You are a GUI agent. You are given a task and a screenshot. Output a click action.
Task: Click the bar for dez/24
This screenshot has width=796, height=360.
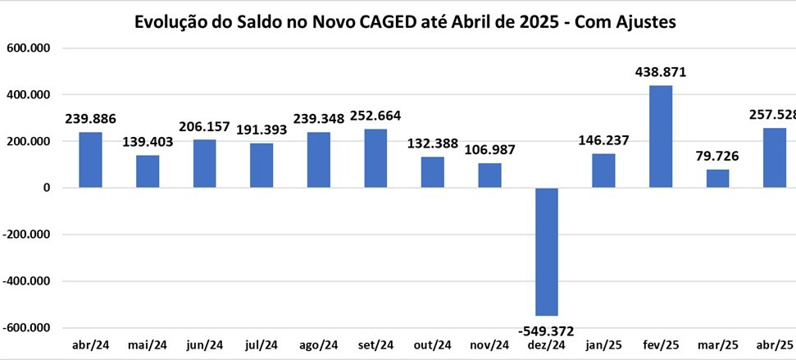[546, 252]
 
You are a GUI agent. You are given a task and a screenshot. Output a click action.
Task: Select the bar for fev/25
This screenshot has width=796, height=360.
[660, 136]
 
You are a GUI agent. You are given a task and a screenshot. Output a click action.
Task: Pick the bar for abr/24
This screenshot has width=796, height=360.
[90, 160]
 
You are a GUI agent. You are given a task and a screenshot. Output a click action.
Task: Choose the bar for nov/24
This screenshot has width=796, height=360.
[489, 175]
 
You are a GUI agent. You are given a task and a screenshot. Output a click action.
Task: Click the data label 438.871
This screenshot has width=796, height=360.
[660, 72]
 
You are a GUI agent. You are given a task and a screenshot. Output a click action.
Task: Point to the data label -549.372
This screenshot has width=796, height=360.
[546, 330]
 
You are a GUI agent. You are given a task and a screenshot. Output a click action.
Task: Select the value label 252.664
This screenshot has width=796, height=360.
[375, 116]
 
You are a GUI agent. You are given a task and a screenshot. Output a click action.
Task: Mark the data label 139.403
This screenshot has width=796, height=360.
[148, 142]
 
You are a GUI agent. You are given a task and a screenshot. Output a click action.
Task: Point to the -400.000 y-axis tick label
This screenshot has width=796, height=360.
[27, 281]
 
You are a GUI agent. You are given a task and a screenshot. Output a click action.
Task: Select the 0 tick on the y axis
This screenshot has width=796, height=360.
[47, 188]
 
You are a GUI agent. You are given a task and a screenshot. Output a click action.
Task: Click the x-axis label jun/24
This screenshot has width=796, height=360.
[205, 344]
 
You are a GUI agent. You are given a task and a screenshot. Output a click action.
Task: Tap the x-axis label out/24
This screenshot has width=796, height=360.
[432, 344]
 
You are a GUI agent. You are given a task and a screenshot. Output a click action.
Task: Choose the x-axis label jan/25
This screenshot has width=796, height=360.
[603, 344]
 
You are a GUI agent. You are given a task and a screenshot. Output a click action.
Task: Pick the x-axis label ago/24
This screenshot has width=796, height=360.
[318, 344]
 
